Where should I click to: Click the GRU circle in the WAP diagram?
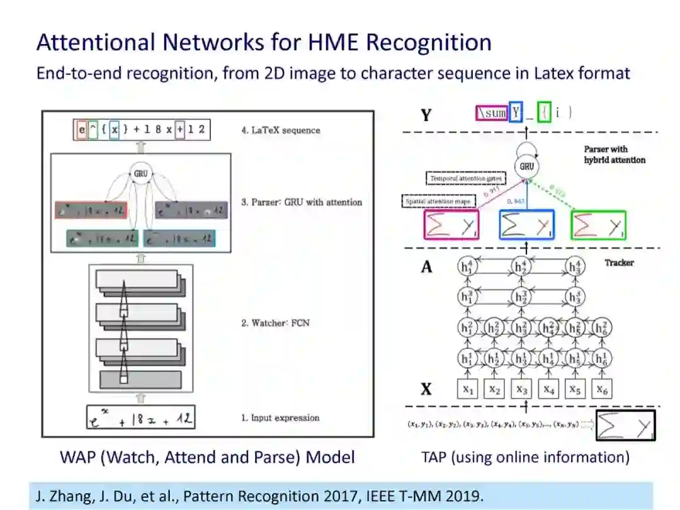pos(140,171)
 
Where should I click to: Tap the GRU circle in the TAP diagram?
pos(527,166)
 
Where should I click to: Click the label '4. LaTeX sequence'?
pos(281,130)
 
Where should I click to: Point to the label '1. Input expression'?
pos(280,417)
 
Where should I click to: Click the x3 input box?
pos(522,390)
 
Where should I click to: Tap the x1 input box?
pos(468,390)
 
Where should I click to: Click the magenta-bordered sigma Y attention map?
pos(451,225)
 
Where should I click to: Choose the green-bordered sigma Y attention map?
pos(598,225)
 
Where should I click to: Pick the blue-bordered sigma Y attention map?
pos(526,225)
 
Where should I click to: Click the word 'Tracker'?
pos(619,263)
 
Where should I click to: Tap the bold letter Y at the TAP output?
pos(426,115)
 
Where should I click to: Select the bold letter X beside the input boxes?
pos(426,389)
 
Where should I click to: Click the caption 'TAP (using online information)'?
pos(525,456)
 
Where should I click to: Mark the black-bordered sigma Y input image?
pos(625,426)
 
